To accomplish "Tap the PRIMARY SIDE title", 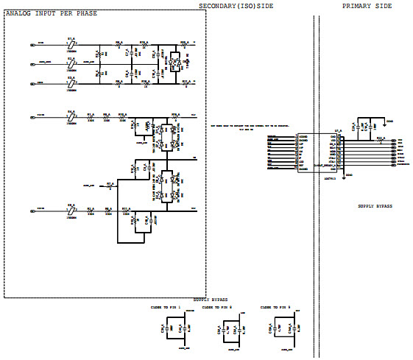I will coord(367,6).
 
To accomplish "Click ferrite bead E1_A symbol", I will coord(71,45).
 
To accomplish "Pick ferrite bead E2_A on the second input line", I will coord(71,64).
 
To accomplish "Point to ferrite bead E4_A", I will coord(71,116).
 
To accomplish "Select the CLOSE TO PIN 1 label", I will coord(166,306).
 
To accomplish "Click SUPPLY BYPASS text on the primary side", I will coord(375,206).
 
